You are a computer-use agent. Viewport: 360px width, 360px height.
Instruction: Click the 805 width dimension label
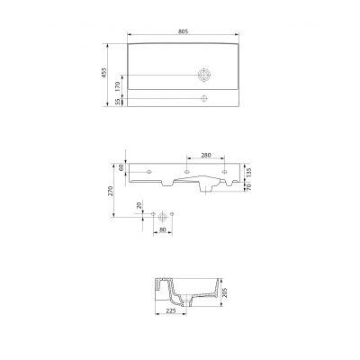[x=183, y=31]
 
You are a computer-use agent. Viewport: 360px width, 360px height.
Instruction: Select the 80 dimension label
[x=162, y=229]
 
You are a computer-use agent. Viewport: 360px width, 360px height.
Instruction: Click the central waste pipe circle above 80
[x=162, y=216]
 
